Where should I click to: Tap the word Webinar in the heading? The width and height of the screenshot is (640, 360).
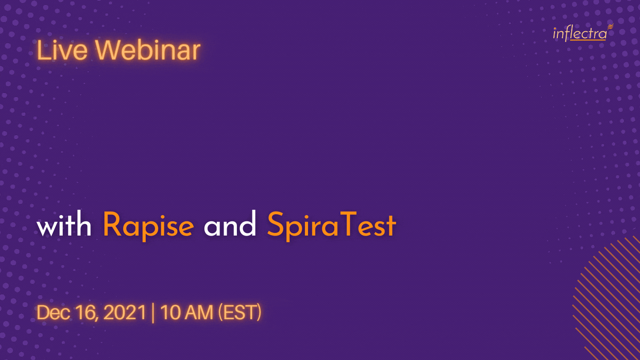click(148, 50)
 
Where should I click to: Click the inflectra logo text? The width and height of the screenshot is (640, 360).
click(580, 34)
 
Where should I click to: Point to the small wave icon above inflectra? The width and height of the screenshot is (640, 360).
click(610, 27)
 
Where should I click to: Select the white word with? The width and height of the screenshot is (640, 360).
click(64, 224)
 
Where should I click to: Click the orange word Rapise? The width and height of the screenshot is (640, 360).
click(148, 227)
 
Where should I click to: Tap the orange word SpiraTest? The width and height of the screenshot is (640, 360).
click(332, 227)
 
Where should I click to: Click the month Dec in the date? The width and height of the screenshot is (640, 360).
click(53, 312)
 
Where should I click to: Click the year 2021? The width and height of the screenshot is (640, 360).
click(125, 312)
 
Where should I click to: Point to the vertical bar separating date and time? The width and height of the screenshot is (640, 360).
click(153, 313)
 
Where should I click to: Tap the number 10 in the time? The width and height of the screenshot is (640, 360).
click(170, 312)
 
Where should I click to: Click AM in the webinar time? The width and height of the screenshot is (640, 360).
click(199, 312)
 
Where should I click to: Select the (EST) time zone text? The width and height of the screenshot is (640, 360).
click(240, 312)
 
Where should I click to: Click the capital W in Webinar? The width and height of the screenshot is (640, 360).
click(109, 50)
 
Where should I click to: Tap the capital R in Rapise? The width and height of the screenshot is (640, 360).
click(112, 224)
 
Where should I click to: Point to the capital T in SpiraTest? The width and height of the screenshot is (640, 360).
click(348, 224)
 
